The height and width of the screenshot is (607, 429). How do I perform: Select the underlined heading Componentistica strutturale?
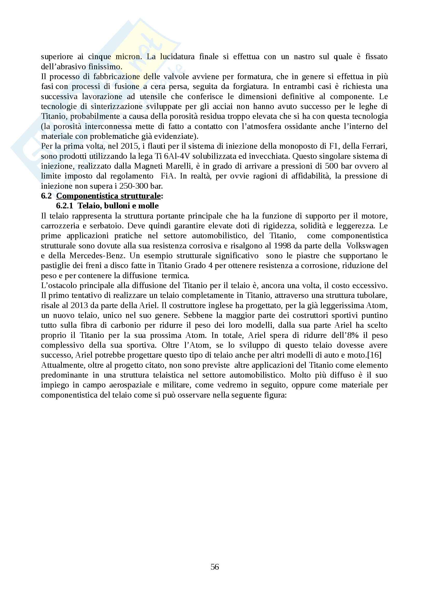[108, 196]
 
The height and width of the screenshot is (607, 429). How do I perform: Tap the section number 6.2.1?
[65, 206]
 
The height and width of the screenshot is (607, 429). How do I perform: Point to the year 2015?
[130, 146]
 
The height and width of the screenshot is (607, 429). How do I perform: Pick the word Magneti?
[148, 166]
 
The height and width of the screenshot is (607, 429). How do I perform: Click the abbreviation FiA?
[168, 176]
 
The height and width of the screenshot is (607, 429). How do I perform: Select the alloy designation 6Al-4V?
[177, 156]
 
